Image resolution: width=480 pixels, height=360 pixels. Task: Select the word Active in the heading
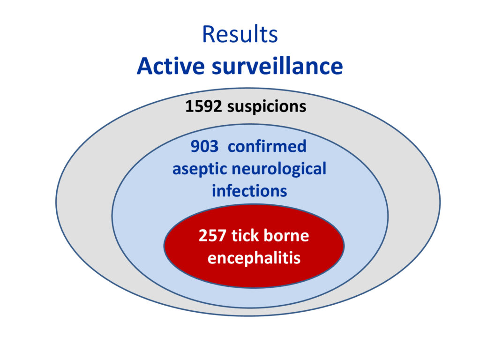[x=171, y=66]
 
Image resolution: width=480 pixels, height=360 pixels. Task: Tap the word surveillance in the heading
[x=277, y=66]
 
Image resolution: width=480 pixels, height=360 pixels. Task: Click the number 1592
[x=203, y=106]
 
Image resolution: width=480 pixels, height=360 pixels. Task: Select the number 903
[x=204, y=146]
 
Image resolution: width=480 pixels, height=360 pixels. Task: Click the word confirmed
[x=267, y=146]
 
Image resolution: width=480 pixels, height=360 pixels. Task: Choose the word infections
[x=249, y=191]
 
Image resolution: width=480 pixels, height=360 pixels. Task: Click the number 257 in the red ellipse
[x=212, y=236]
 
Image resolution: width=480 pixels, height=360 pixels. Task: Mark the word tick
[x=243, y=235]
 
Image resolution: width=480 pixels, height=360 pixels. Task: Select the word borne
[x=286, y=235]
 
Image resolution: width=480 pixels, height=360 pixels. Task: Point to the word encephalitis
[x=254, y=258]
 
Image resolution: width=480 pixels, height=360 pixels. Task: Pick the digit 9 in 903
[x=195, y=146]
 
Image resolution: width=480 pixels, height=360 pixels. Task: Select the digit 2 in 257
[x=203, y=236]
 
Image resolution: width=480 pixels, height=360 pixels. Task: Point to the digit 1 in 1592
[x=189, y=106]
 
